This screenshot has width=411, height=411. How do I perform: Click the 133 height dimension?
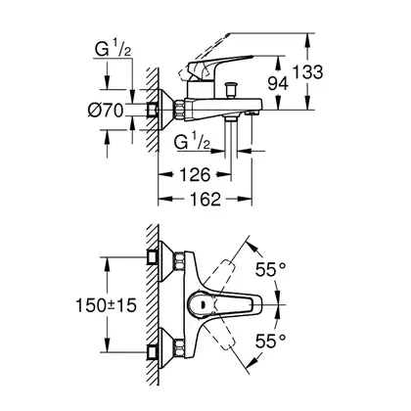point(308,72)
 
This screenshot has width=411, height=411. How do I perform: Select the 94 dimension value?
point(278,83)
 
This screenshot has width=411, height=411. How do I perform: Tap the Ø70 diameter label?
point(106,110)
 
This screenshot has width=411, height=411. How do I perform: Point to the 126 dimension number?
point(196,175)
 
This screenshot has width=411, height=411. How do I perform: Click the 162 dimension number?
point(205,199)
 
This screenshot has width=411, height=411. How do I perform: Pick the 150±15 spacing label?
point(106,305)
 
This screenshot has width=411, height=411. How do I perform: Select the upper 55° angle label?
point(270,269)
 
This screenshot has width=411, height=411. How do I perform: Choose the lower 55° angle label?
point(270,342)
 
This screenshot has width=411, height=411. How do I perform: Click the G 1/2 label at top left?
point(113,50)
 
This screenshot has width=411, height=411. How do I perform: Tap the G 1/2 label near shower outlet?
point(192,142)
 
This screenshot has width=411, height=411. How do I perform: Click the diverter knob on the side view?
point(231,90)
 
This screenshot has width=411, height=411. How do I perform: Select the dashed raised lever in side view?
point(204,56)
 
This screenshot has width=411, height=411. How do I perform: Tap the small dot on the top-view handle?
point(204,305)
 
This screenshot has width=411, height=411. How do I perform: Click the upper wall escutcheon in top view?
point(166,261)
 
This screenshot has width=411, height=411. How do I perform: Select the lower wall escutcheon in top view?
point(166,348)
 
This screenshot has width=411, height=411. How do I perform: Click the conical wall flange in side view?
point(166,110)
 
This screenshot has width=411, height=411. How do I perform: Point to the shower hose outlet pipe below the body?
point(231,137)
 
